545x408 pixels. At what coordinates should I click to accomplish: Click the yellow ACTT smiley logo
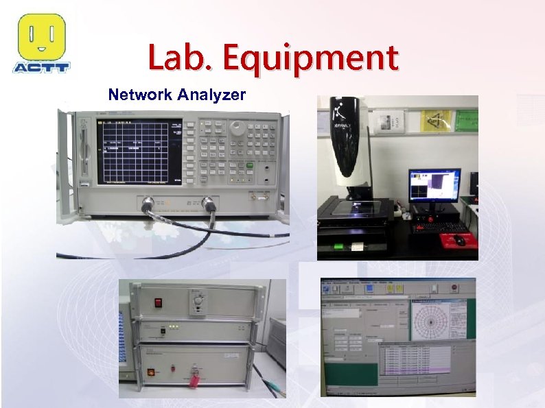pyautogui.click(x=41, y=37)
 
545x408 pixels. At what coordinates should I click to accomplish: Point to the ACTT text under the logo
pyautogui.click(x=41, y=67)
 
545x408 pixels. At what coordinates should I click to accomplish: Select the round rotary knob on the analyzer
pyautogui.click(x=237, y=127)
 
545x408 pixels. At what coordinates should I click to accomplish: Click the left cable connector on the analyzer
pyautogui.click(x=148, y=203)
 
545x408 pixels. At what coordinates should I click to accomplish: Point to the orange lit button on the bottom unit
pyautogui.click(x=151, y=372)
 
